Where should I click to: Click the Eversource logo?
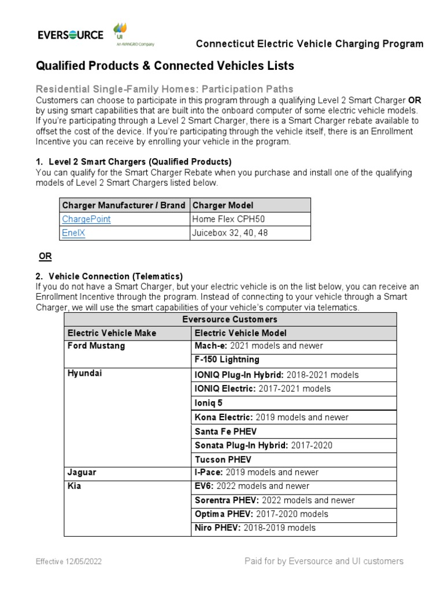pos(71,35)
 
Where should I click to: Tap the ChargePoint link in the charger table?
pos(86,219)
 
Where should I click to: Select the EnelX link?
pos(73,233)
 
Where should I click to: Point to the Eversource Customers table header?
pos(230,319)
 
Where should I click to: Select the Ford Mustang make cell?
pos(96,346)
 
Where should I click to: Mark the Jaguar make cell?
pos(82,472)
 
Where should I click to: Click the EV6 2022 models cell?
pos(252,486)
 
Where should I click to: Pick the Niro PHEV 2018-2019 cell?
pos(256,528)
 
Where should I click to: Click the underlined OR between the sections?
pos(45,256)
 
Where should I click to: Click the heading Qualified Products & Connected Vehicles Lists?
pos(165,66)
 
